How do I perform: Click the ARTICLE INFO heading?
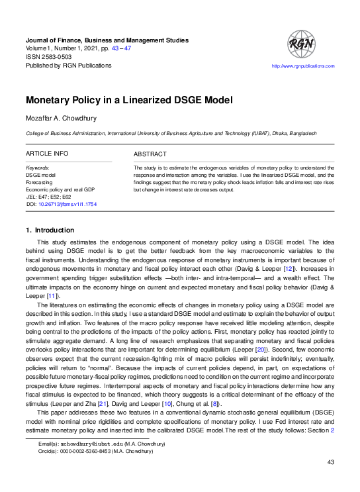[x=47, y=154]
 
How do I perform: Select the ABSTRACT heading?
[x=150, y=154]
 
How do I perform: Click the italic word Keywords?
[x=38, y=168]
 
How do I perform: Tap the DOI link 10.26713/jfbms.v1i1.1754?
[x=69, y=205]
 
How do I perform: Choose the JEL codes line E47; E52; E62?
[x=54, y=197]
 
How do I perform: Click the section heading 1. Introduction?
[x=50, y=230]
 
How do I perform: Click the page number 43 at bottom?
[x=332, y=481]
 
